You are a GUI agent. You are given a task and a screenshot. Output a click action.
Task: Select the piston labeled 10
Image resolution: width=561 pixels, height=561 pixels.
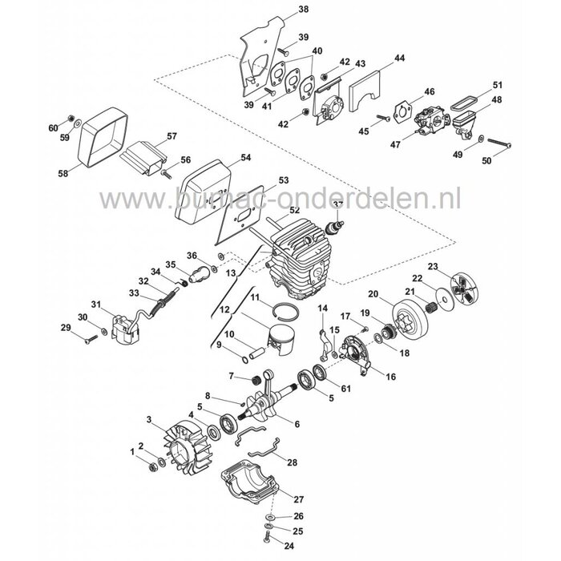tap(275, 337)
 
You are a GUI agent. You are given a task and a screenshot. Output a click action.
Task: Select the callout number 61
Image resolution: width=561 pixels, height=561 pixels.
tap(345, 389)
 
